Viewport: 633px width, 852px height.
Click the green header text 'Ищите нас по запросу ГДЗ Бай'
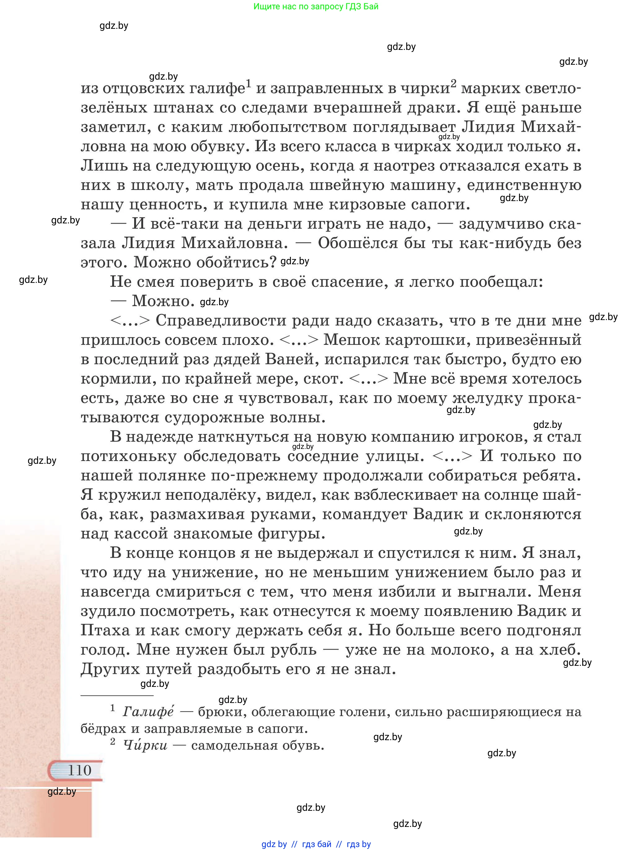click(x=316, y=6)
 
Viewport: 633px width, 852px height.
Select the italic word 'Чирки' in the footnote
click(x=145, y=745)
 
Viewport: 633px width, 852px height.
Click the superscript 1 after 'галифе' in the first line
click(x=248, y=83)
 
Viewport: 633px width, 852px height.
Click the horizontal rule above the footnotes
click(x=117, y=695)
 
